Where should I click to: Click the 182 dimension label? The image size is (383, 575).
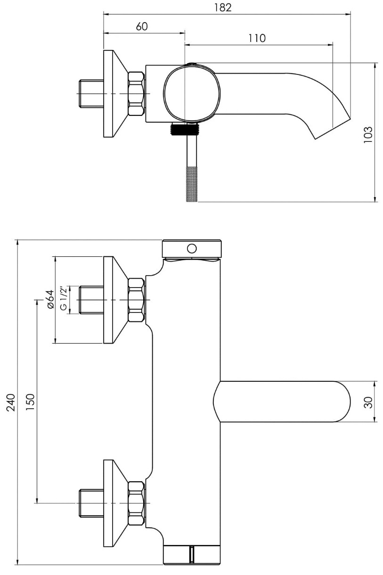coord(223,8)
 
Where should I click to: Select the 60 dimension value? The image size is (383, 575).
coord(142,26)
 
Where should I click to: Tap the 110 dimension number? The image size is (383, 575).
coord(257,38)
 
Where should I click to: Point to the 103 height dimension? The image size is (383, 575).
coord(367,134)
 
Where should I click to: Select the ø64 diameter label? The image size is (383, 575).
coord(50,299)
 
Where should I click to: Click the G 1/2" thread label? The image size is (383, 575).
coord(64,298)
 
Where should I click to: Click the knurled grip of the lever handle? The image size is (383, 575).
coord(191,184)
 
